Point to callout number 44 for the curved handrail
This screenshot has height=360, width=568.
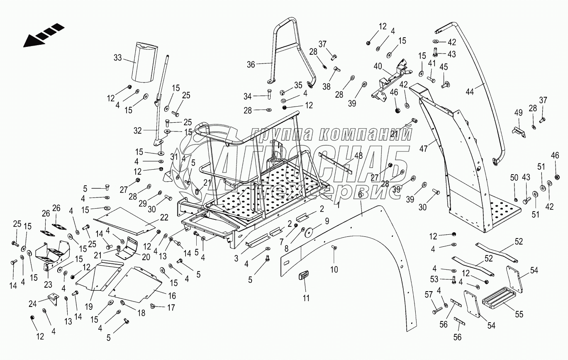(480, 86)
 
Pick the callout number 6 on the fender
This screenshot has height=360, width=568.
(360, 194)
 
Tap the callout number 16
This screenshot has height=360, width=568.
(172, 296)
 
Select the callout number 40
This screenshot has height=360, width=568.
(378, 66)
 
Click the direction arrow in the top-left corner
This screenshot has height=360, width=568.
(43, 34)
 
